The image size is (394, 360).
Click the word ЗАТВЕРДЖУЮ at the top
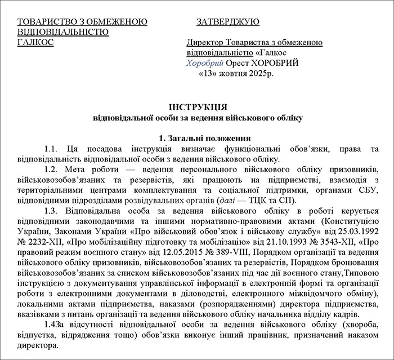click(x=228, y=22)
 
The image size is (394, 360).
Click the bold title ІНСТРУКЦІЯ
click(x=198, y=106)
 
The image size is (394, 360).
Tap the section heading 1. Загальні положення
click(x=198, y=138)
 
